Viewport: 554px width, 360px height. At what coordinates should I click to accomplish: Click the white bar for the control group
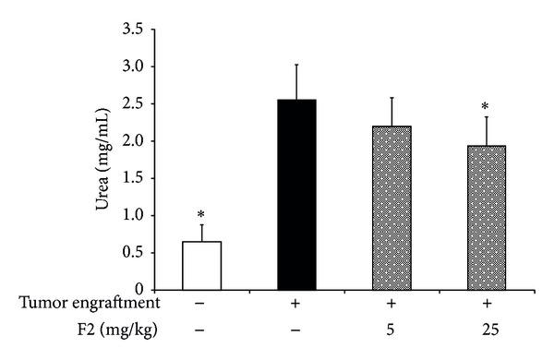201,265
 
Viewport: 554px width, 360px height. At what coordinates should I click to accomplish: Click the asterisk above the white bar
201,213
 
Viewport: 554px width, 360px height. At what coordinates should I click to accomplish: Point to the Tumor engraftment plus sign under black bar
296,302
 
